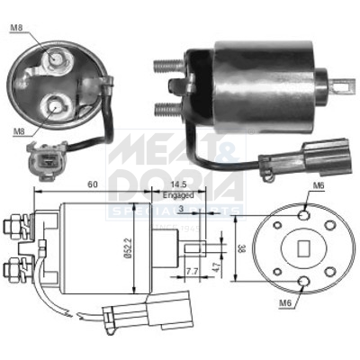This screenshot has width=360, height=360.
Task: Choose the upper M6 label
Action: (x=317, y=186)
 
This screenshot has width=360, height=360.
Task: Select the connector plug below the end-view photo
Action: (x=42, y=162)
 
